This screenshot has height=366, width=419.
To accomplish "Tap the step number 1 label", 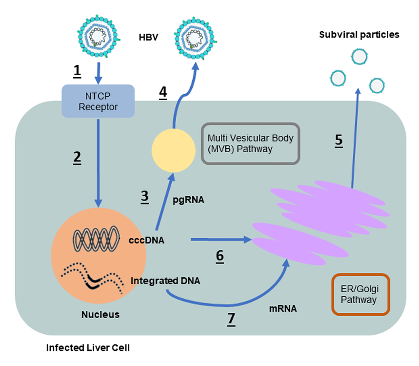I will click(77, 71).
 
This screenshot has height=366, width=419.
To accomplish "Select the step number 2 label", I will click(77, 157).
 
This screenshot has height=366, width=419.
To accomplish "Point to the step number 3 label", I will click(144, 196).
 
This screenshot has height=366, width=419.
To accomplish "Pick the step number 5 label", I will click(339, 140).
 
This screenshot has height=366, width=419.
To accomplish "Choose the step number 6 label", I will click(219, 255).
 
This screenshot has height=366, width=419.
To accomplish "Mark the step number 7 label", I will click(231, 318).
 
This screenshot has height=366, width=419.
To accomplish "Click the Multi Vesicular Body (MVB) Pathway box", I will click(251, 143).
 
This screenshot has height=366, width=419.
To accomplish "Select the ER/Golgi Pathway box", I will click(360, 294).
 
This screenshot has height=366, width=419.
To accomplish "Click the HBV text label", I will click(149, 37).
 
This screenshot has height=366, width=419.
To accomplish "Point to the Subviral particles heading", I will click(359, 35).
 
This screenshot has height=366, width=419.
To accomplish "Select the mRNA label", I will click(283, 308).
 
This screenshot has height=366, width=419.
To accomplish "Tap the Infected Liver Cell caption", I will click(88, 348).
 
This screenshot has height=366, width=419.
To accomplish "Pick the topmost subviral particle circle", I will click(359, 57).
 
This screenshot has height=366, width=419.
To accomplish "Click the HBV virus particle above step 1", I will click(99, 36).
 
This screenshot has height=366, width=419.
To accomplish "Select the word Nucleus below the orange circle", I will click(100, 314).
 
